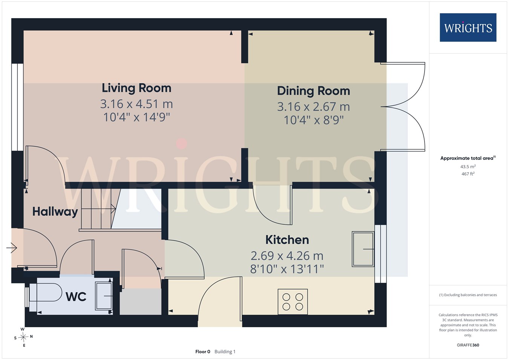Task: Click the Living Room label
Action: [136, 88]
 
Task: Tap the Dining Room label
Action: [314, 91]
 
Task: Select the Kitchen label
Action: [287, 240]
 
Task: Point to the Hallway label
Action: [55, 212]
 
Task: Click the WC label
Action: [76, 296]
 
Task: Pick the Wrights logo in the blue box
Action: [468, 28]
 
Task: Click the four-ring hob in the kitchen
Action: [293, 302]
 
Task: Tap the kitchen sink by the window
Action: [363, 249]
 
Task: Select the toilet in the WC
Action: [46, 292]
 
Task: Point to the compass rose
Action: [23, 337]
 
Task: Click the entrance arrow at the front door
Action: [12, 248]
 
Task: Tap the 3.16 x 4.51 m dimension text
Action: [136, 104]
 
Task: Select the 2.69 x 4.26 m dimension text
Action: [287, 256]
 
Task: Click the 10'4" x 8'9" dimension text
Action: [314, 120]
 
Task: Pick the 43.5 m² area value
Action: [468, 167]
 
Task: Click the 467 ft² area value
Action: [468, 174]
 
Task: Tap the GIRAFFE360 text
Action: [468, 345]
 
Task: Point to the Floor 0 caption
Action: [203, 352]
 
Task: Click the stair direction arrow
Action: [113, 208]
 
